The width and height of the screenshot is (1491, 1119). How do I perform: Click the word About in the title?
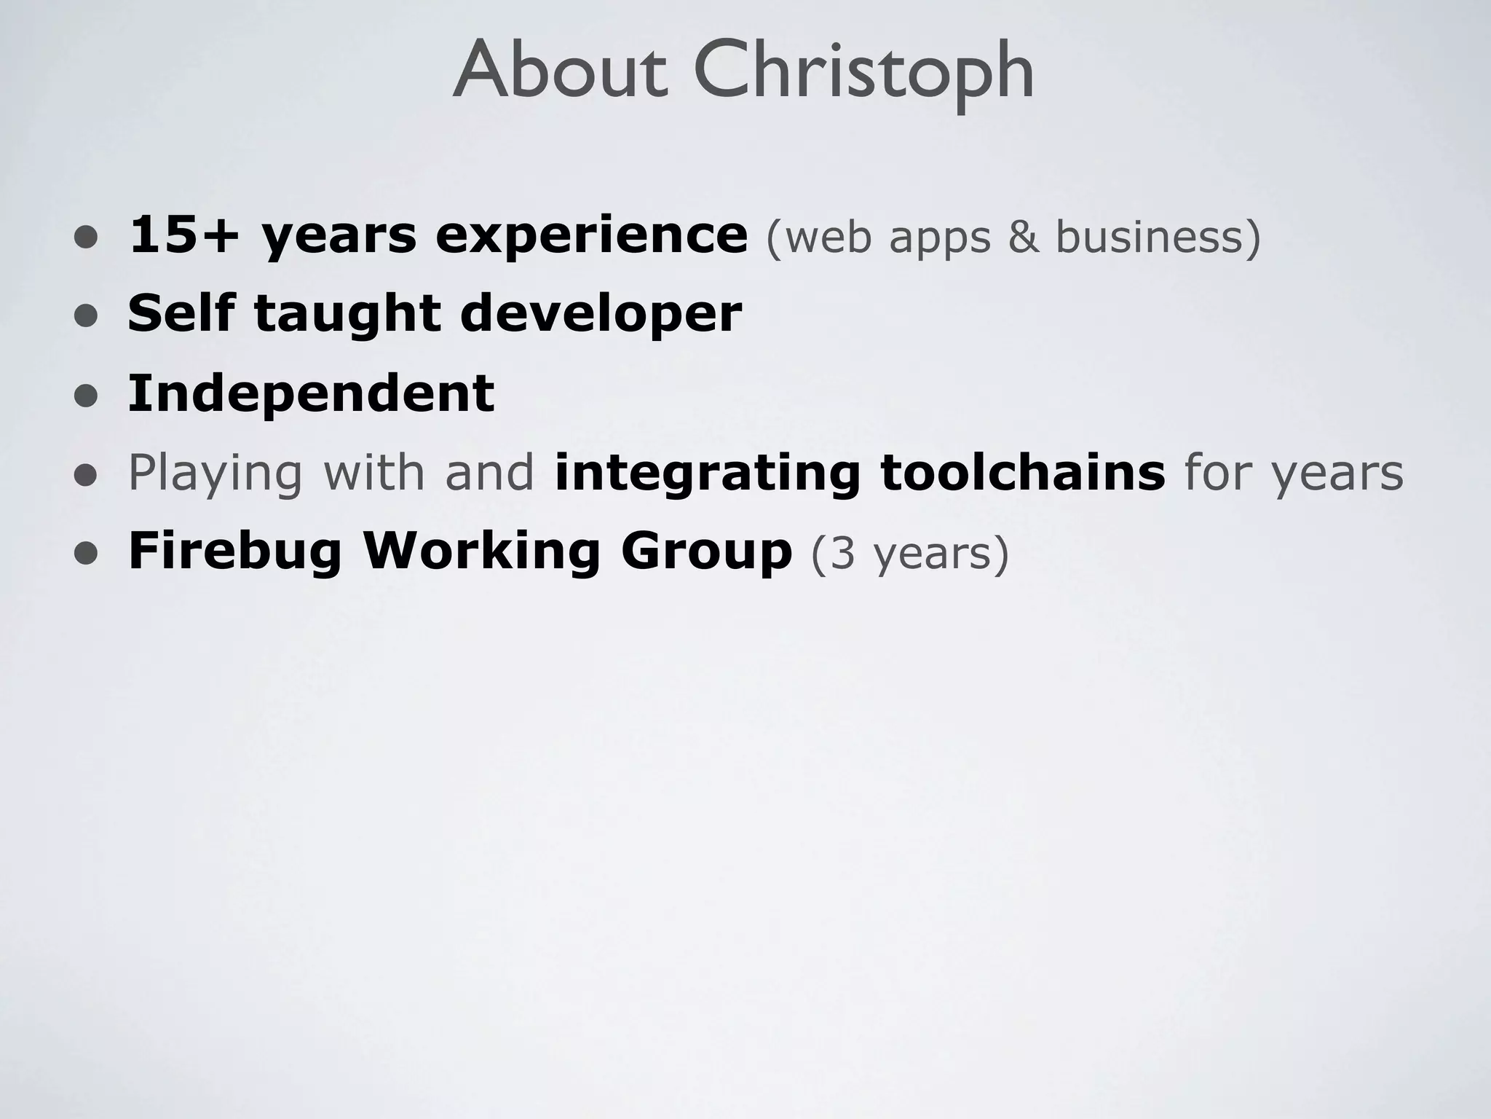click(x=559, y=71)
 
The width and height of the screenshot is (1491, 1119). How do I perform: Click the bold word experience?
click(x=591, y=236)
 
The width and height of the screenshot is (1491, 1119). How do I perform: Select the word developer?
click(x=601, y=315)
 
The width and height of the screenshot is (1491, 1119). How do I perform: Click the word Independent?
click(x=311, y=393)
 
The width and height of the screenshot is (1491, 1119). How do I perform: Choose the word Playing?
click(x=215, y=474)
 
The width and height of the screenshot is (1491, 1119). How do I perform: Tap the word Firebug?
click(x=235, y=551)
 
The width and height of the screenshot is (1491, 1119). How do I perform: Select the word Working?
click(x=481, y=551)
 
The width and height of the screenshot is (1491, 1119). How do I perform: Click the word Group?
click(x=706, y=551)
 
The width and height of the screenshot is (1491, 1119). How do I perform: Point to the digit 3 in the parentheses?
click(x=842, y=553)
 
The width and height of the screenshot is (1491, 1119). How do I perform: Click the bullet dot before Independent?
click(x=86, y=396)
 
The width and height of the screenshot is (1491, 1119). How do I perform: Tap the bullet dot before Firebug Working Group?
click(x=86, y=553)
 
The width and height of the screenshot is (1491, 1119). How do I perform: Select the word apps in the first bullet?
click(x=940, y=237)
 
